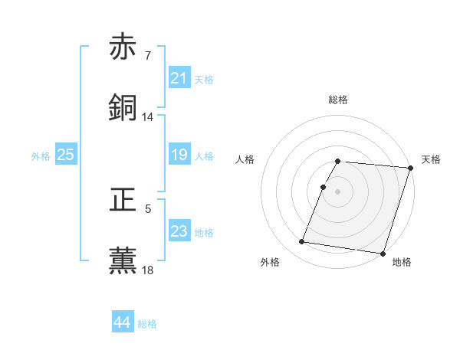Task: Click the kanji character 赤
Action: click(x=123, y=47)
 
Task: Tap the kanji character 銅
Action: click(x=123, y=108)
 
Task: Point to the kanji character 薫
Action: click(x=123, y=260)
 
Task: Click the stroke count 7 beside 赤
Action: click(x=148, y=56)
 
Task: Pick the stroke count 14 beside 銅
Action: click(x=148, y=117)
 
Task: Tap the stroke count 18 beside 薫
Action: click(x=148, y=269)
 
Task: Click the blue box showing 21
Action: click(x=179, y=78)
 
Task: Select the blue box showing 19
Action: click(x=179, y=155)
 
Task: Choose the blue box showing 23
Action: click(x=179, y=231)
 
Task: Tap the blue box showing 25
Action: click(x=66, y=155)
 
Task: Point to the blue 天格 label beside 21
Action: click(x=204, y=79)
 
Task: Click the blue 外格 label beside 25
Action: click(x=41, y=155)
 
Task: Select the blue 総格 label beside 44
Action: click(x=147, y=323)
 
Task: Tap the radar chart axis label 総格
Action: click(x=338, y=100)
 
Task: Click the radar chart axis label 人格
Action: click(x=245, y=159)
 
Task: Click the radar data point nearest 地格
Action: click(x=382, y=253)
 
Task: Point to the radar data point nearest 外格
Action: click(x=302, y=242)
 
